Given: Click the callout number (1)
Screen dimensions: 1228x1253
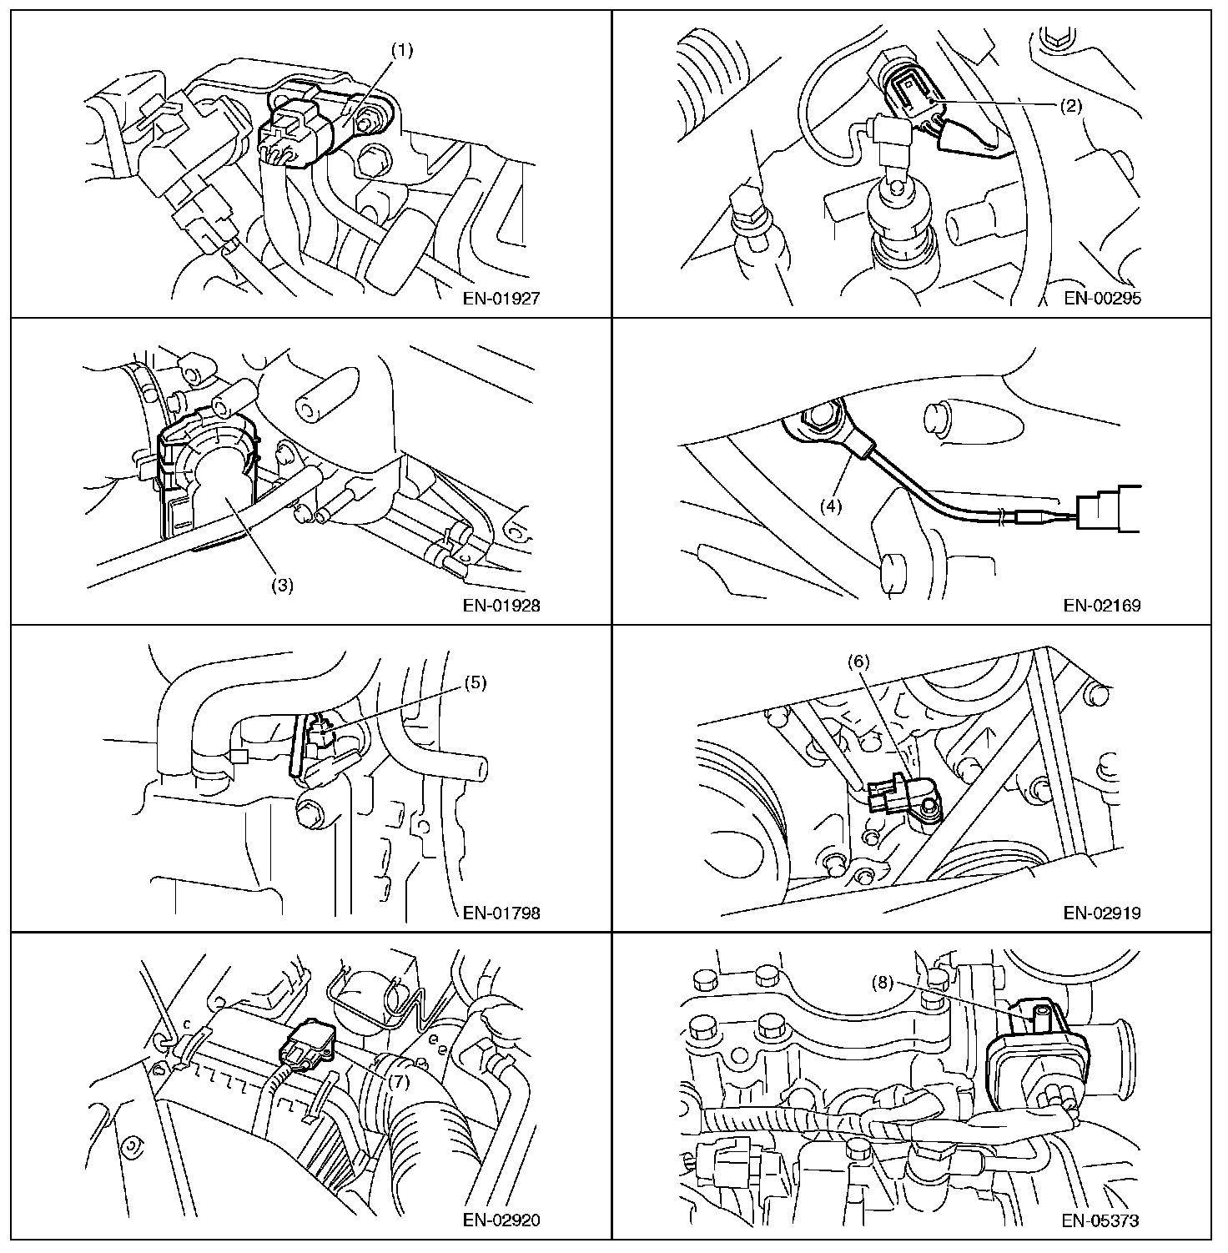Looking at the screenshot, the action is point(403,49).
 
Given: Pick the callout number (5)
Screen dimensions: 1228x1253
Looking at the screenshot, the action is point(475,683).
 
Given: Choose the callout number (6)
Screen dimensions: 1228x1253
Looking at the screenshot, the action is point(859,662).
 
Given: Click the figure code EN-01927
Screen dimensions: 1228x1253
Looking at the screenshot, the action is point(501,299).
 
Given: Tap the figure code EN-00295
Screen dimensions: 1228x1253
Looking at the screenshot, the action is point(1102,299).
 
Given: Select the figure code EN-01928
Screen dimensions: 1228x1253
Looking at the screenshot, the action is point(501,606).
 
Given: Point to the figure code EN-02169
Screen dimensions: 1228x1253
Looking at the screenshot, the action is point(1102,606).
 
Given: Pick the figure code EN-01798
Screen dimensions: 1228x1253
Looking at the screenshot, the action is point(501,913).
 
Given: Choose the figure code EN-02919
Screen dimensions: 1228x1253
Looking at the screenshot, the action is point(1102,913).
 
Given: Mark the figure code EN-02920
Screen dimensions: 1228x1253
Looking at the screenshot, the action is point(501,1220).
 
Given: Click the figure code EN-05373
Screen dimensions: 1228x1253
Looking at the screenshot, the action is point(1102,1220).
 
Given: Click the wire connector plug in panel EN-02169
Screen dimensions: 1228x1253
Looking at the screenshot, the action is point(1110,508).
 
